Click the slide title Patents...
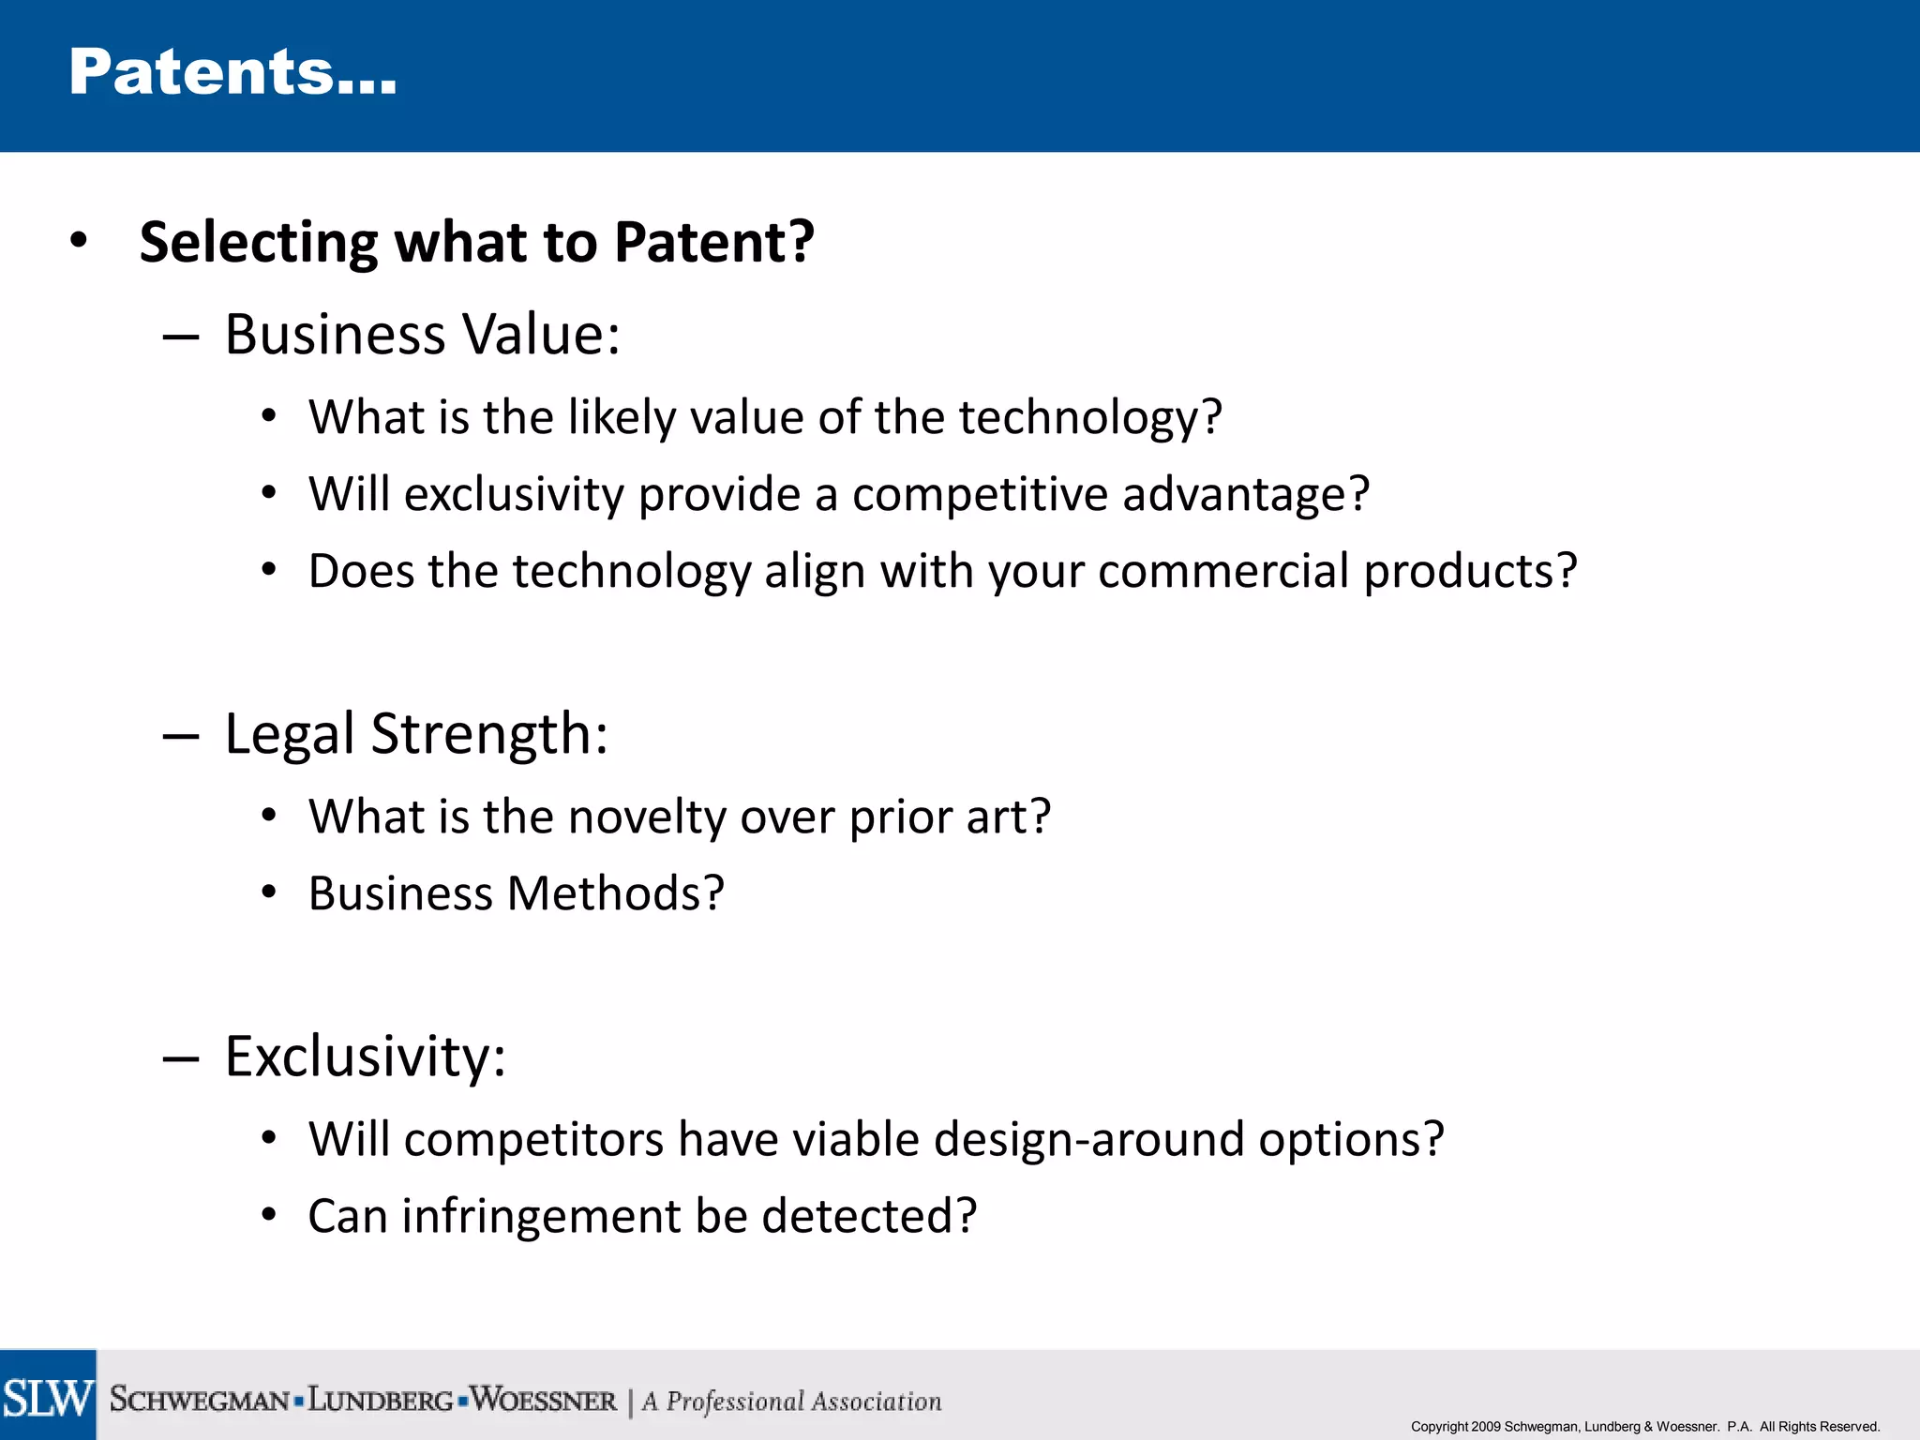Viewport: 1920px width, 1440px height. [x=232, y=73]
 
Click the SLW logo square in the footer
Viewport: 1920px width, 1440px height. [x=48, y=1396]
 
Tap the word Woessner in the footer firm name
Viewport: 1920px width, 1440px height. [x=544, y=1400]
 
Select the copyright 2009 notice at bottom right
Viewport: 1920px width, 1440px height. [x=1644, y=1426]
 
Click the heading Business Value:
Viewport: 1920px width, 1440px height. [x=422, y=335]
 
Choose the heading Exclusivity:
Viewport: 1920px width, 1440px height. [x=366, y=1057]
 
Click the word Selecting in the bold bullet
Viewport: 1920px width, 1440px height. [x=258, y=242]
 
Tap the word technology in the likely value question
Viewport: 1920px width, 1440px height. [x=1078, y=417]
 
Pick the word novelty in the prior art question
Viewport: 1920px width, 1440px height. [x=647, y=817]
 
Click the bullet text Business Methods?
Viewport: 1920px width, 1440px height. [x=516, y=893]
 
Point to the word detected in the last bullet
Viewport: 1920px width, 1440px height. [x=868, y=1216]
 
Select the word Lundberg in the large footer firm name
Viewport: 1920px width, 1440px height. [x=381, y=1400]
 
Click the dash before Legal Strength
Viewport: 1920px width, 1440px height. [x=180, y=736]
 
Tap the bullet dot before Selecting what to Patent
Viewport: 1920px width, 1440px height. [x=79, y=240]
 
